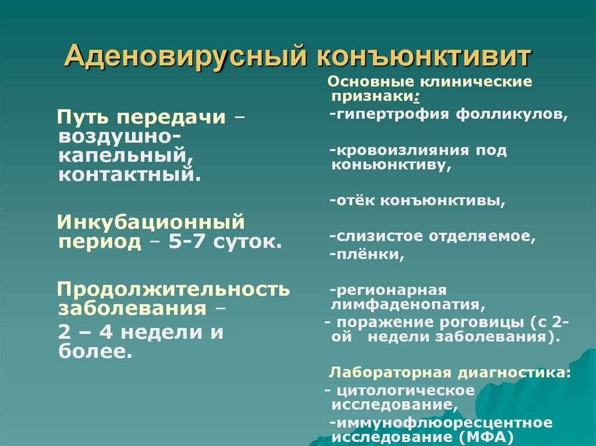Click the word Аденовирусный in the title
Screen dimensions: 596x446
pos(185,57)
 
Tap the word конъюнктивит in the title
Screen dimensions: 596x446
pos(423,56)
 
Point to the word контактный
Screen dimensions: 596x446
pos(129,175)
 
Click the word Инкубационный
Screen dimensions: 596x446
pos(151,222)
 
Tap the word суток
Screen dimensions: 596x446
pos(247,242)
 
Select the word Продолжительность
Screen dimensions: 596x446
pos(173,290)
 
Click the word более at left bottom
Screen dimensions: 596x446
pos(96,352)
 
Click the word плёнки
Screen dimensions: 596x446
pos(367,254)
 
